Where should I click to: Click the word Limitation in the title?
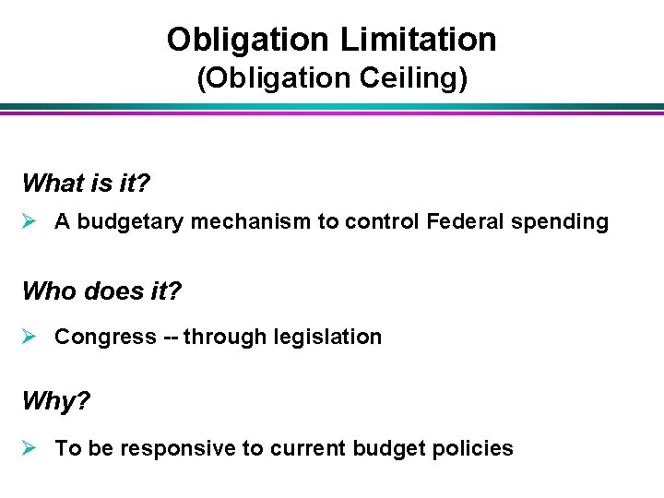(x=418, y=39)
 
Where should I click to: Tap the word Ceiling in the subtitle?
(x=409, y=77)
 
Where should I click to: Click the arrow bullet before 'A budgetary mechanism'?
(x=30, y=221)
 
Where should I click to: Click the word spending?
(x=564, y=222)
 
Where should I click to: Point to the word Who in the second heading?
(x=49, y=291)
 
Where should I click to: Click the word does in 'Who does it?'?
(x=113, y=291)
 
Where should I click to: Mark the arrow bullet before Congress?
(x=30, y=337)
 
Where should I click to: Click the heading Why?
(x=54, y=402)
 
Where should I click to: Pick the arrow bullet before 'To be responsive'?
(x=30, y=448)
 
